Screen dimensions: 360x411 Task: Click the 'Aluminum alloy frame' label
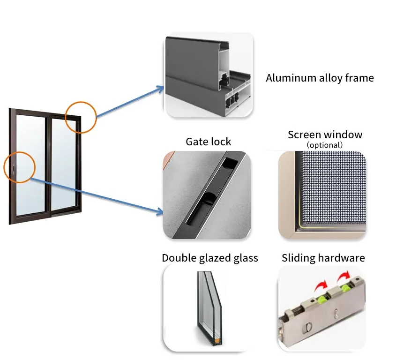coord(320,78)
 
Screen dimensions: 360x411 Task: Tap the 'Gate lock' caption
coord(209,142)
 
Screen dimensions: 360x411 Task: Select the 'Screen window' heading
coord(325,135)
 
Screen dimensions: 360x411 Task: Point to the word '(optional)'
coord(325,145)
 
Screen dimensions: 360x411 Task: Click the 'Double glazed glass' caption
coord(209,258)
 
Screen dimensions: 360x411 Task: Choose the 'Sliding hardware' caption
coord(323,258)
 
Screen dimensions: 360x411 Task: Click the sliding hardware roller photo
coord(322,308)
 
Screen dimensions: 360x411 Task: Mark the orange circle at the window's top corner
coord(81,117)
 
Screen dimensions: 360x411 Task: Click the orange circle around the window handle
coord(20,167)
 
